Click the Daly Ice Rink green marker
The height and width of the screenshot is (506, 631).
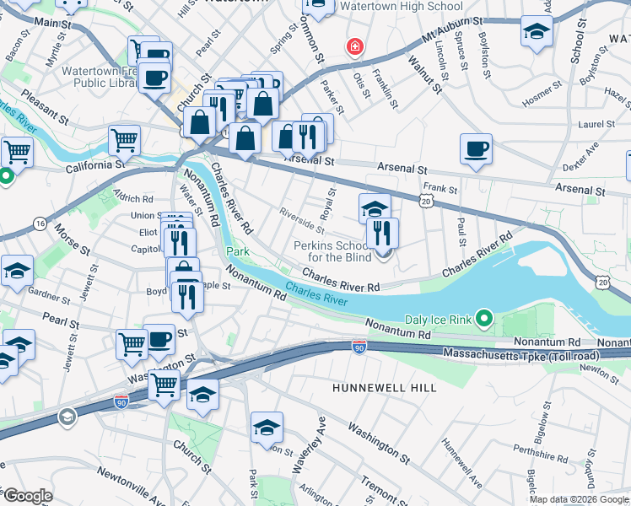(483, 319)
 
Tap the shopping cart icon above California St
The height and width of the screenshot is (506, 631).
(124, 138)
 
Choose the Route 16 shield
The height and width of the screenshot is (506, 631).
(40, 222)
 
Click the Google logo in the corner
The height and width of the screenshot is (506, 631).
(28, 496)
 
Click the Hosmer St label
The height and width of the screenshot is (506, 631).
(541, 99)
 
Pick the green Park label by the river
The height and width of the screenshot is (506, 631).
(238, 252)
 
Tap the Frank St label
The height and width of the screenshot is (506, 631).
(440, 189)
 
